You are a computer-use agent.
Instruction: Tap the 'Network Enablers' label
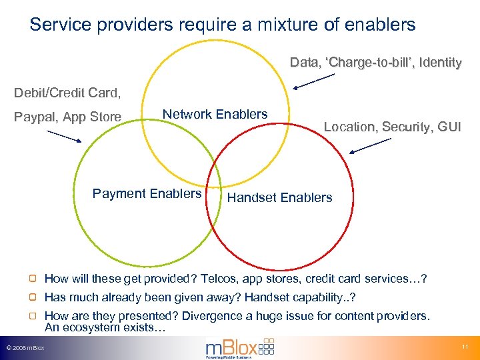point(215,114)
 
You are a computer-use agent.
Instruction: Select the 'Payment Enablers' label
point(147,193)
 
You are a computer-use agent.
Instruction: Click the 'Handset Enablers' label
point(279,197)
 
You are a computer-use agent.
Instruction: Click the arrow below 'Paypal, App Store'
point(64,135)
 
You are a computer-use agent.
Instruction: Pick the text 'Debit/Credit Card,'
point(67,92)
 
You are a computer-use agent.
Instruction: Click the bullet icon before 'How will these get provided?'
point(33,279)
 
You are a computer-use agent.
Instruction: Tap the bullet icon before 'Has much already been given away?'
point(33,297)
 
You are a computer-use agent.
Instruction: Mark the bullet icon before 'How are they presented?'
point(33,316)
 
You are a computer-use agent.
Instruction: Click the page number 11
point(465,347)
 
